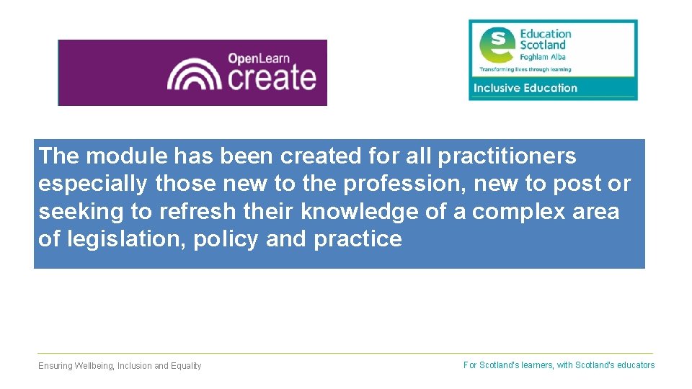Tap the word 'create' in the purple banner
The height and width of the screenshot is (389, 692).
click(272, 77)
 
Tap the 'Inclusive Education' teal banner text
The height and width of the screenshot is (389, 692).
click(525, 88)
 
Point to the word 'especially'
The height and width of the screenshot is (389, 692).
click(93, 184)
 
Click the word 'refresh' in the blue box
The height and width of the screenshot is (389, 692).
click(192, 212)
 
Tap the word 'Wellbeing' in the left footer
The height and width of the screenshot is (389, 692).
click(94, 366)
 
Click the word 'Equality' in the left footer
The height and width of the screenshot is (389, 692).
click(186, 366)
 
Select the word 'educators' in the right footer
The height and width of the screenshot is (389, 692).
click(636, 365)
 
